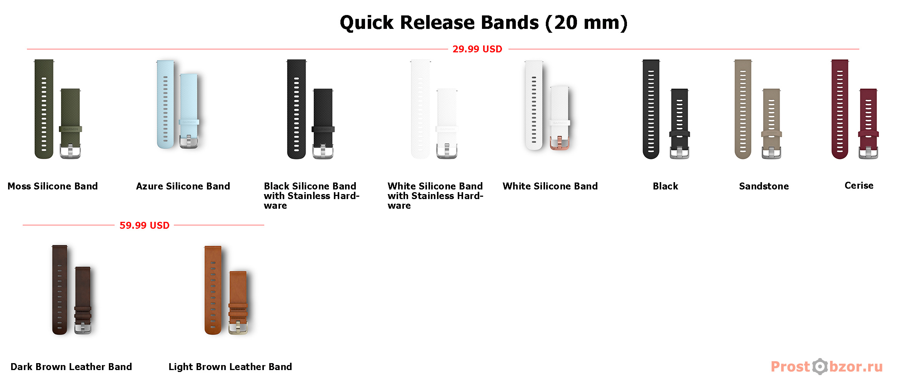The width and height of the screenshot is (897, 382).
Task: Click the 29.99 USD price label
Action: tap(477, 49)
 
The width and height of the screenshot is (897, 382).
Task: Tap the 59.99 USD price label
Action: tap(144, 225)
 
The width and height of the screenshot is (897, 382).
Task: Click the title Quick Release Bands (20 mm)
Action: tap(484, 22)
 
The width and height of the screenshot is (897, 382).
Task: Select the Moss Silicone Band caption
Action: tap(53, 186)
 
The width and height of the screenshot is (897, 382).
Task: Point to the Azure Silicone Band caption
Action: tap(183, 186)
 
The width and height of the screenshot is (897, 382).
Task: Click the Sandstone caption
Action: tap(764, 186)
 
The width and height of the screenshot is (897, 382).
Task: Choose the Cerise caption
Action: tap(859, 185)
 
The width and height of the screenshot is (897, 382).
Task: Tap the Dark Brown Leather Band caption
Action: tap(71, 367)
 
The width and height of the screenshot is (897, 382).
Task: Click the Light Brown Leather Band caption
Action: tap(230, 367)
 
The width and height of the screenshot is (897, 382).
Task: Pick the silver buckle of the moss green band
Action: tap(70, 151)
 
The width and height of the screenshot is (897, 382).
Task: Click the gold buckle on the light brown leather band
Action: tap(238, 327)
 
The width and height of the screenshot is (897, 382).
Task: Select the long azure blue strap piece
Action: tap(165, 104)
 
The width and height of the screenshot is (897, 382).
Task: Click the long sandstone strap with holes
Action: tap(743, 109)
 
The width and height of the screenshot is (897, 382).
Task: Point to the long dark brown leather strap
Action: tap(60, 290)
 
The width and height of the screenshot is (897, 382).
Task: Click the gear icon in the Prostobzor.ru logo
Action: tap(820, 367)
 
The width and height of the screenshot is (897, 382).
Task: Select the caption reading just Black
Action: tap(665, 186)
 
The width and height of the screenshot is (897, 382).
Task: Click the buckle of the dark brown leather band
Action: tap(83, 328)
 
